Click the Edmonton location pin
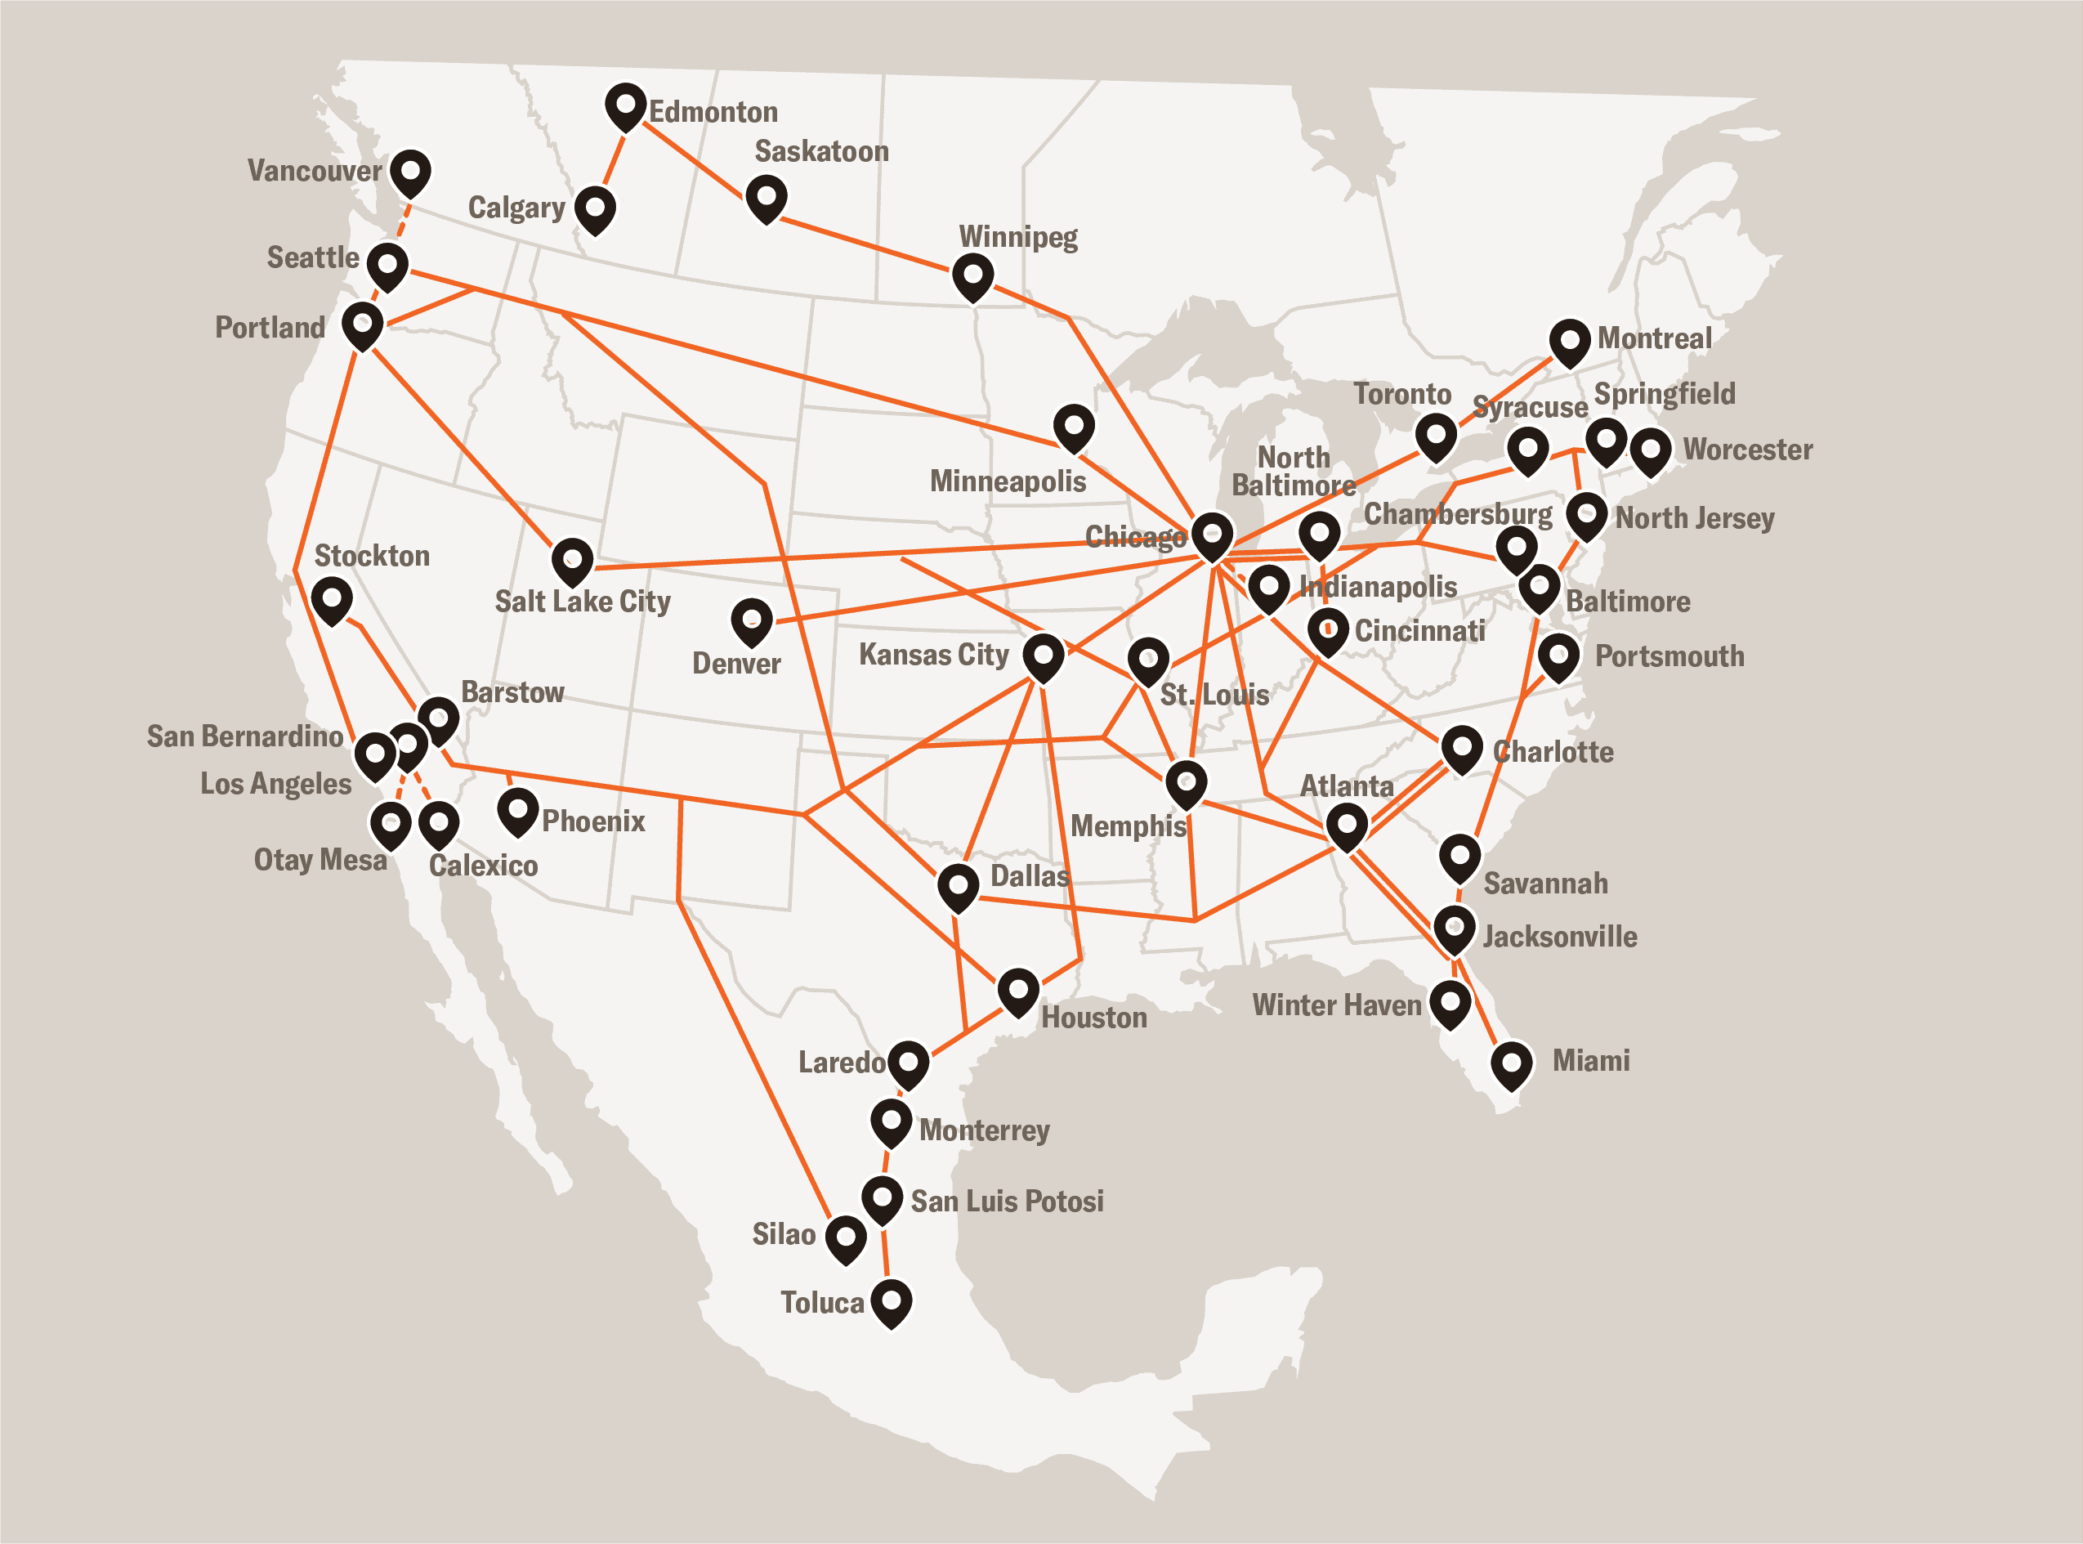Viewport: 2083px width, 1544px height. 625,105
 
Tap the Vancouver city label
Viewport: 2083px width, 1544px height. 314,171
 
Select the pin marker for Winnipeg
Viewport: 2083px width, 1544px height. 972,276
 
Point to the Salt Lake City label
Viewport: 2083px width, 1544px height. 582,601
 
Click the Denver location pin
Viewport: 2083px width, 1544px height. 751,621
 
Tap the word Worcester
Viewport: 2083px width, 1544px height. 1747,450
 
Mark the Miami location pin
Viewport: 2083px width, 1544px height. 1511,1064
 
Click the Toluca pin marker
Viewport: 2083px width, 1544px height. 891,1301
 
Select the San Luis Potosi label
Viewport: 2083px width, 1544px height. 1007,1201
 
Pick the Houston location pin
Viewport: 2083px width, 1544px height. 1017,991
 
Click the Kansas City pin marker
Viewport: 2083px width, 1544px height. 1043,656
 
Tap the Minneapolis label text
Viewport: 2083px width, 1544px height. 1008,481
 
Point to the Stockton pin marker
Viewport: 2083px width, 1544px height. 332,599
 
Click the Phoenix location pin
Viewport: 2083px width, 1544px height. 516,810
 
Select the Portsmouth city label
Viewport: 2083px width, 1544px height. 1669,656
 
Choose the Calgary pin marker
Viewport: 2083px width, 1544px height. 594,208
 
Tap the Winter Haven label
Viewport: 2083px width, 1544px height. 1335,1005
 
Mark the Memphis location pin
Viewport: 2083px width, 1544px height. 1185,783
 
